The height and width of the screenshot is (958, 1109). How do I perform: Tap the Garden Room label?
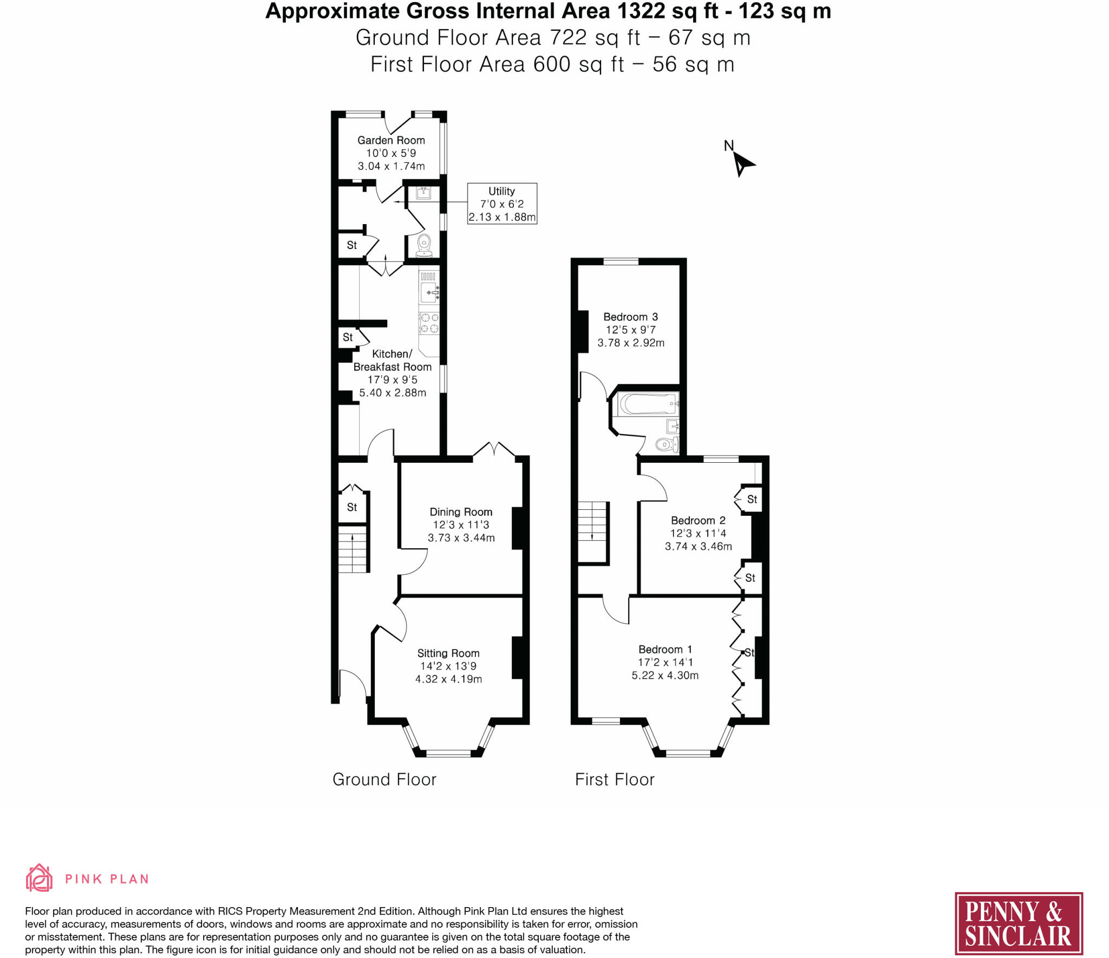[391, 140]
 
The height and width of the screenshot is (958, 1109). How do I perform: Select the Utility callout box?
[502, 204]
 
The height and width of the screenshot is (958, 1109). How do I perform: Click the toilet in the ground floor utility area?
[424, 245]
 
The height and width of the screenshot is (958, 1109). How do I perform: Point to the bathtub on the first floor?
[647, 404]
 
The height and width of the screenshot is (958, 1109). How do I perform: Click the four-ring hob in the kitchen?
[429, 323]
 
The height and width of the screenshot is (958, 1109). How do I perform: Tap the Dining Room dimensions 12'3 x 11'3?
[461, 525]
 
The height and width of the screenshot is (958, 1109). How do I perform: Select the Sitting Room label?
[448, 653]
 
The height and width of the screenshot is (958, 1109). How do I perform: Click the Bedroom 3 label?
[630, 317]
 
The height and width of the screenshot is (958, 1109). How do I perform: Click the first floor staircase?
[592, 533]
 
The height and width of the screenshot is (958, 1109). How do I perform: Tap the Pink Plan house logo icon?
[39, 878]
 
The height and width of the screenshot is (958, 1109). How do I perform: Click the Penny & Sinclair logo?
[1018, 924]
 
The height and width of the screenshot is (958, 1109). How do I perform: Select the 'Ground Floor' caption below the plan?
[384, 779]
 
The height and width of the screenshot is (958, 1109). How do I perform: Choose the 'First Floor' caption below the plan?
[615, 779]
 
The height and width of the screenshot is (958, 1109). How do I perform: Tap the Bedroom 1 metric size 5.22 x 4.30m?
[664, 675]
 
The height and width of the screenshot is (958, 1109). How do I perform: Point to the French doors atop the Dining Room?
[494, 451]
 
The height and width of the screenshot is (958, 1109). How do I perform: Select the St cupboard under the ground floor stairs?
[352, 507]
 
